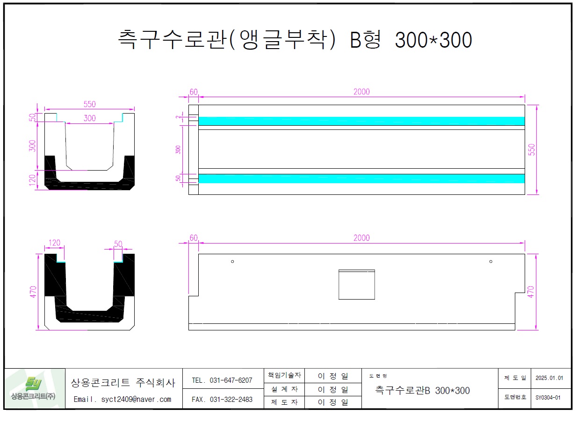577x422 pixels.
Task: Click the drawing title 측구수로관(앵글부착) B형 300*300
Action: click(295, 40)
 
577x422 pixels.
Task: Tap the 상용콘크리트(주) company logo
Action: click(34, 388)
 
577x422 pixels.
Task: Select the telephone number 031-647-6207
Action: click(222, 380)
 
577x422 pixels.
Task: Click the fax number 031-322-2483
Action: click(222, 400)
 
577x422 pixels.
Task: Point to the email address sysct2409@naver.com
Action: click(123, 400)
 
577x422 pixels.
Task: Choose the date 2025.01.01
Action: click(549, 378)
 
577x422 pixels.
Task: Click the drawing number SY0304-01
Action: click(548, 398)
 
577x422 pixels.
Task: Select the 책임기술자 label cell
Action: click(284, 375)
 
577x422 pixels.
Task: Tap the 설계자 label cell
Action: click(284, 389)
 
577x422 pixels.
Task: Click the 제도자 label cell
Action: click(284, 402)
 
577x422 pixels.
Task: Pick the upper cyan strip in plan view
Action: click(361, 121)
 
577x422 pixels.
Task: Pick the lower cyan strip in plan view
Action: click(361, 179)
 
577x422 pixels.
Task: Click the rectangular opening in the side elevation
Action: click(356, 285)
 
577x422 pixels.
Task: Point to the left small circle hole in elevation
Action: click(232, 262)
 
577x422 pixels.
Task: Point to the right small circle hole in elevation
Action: click(490, 262)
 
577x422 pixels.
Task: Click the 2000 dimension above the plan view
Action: click(361, 92)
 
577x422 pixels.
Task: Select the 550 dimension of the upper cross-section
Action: click(89, 105)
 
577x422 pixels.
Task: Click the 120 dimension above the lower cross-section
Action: click(55, 243)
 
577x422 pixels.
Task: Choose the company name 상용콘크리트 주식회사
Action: click(123, 383)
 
